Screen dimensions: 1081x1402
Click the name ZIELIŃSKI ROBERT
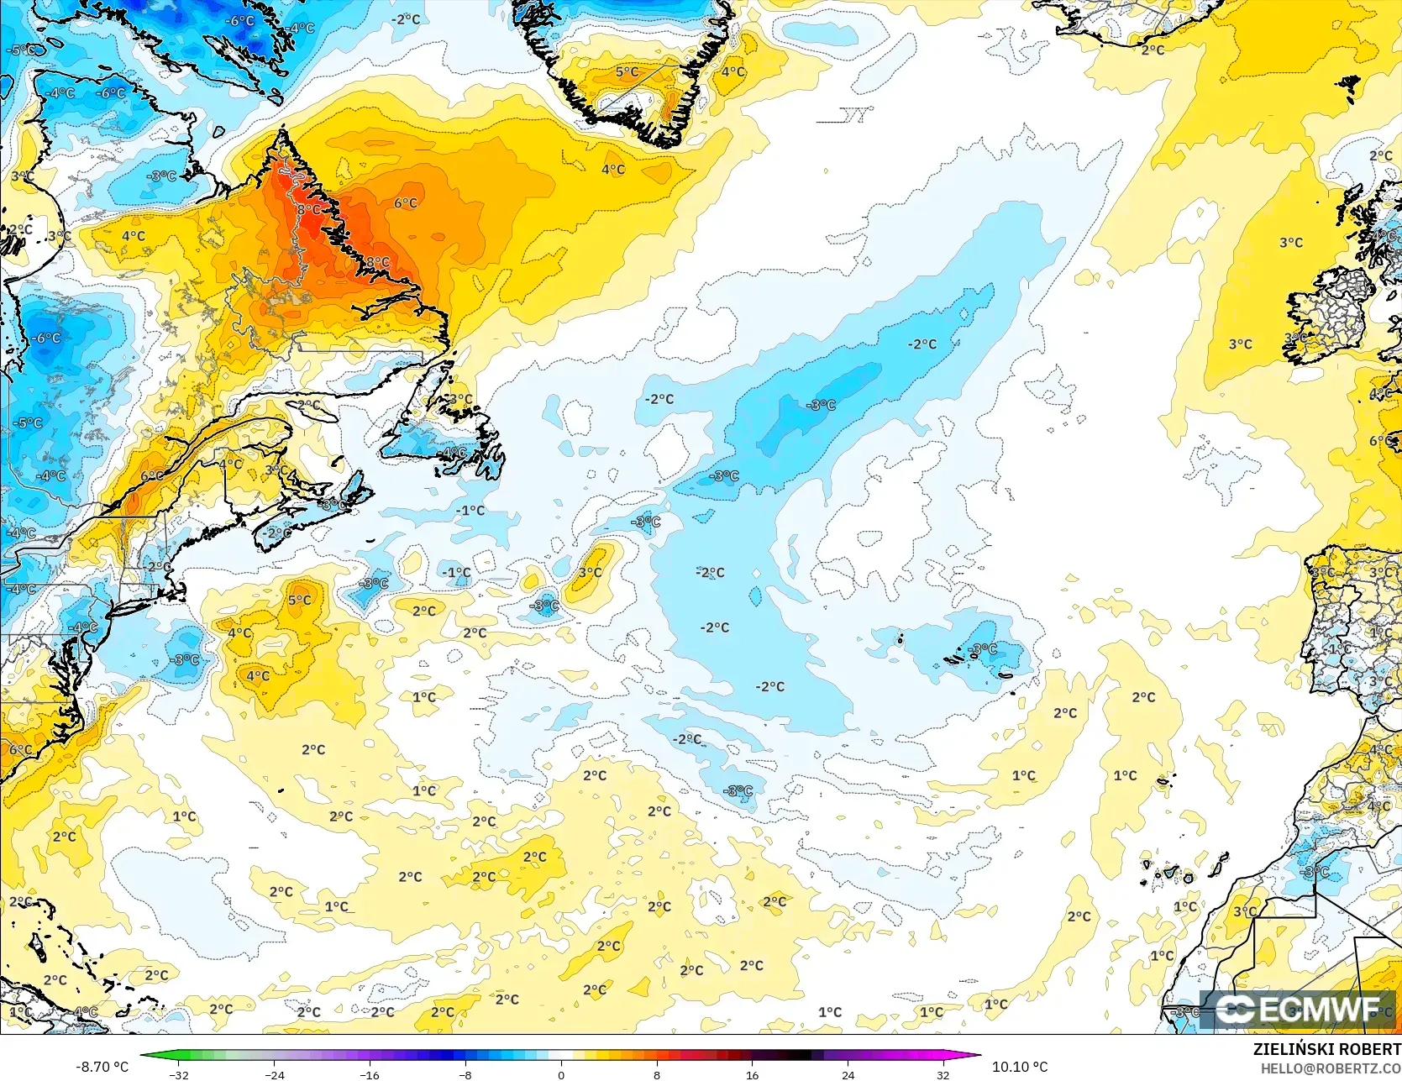(x=1326, y=1049)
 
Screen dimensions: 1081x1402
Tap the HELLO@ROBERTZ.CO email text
(x=1330, y=1067)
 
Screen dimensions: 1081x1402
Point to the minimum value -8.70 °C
(x=102, y=1067)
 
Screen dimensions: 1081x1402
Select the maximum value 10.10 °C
(x=1020, y=1067)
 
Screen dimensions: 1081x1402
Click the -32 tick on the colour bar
(x=179, y=1074)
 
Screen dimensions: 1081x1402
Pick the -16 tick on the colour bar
(x=370, y=1074)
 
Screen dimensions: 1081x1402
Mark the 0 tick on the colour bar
(x=561, y=1074)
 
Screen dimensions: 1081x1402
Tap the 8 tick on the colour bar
(x=657, y=1074)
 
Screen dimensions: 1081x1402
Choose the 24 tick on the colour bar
(x=848, y=1074)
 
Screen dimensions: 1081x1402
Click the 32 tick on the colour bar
(x=943, y=1074)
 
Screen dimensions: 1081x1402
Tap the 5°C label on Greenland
(x=627, y=72)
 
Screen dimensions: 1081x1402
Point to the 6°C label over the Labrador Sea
(x=406, y=203)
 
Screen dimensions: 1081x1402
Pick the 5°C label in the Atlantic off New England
(x=300, y=601)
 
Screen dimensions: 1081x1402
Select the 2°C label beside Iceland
(x=1153, y=50)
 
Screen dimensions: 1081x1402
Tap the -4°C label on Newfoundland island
(x=454, y=453)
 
